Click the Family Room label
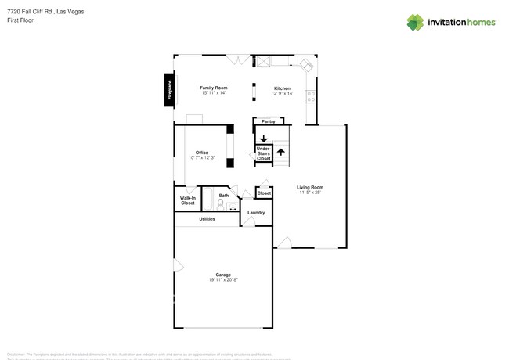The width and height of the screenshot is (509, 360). (213, 88)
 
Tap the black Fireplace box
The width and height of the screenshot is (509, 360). (168, 90)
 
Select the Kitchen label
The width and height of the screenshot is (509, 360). (282, 88)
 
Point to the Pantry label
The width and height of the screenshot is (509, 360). (268, 121)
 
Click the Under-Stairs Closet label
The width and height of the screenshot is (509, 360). (263, 153)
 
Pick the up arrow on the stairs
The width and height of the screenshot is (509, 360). (280, 152)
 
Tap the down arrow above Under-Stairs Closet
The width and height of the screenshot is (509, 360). (263, 139)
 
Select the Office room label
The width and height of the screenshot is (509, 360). (202, 153)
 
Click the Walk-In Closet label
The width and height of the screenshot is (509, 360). (188, 200)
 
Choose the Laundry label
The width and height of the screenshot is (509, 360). (256, 212)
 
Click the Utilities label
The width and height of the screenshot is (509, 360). (207, 218)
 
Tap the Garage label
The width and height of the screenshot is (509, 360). (223, 275)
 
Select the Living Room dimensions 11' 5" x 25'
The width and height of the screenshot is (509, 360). (310, 193)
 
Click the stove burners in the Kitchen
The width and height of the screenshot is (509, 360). (312, 97)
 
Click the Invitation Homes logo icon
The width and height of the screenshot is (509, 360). (415, 23)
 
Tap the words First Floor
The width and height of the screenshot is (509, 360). (21, 20)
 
